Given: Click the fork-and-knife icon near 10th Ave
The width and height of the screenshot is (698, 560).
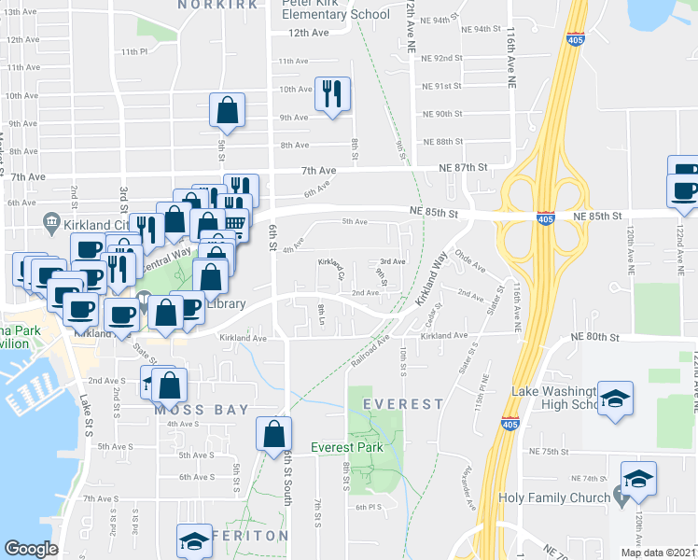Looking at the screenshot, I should (331, 93).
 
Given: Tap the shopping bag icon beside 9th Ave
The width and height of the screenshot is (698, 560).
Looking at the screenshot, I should (227, 111).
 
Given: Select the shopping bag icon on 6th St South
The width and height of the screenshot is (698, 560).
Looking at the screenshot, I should (272, 434).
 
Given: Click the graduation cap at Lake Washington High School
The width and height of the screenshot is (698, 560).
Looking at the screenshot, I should (615, 399).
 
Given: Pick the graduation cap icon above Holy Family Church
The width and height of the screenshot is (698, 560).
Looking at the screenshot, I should (639, 479).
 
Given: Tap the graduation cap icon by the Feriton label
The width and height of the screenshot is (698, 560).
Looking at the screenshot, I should (194, 540).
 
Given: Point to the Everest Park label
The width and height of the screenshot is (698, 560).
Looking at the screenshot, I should (347, 447).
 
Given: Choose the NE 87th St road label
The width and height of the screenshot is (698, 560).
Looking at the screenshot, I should (464, 166).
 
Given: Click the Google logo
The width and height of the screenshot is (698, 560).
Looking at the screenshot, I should (32, 549).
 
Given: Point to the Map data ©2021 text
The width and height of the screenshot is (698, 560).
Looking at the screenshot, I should (658, 553).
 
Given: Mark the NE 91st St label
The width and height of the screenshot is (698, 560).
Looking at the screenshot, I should (442, 86).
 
